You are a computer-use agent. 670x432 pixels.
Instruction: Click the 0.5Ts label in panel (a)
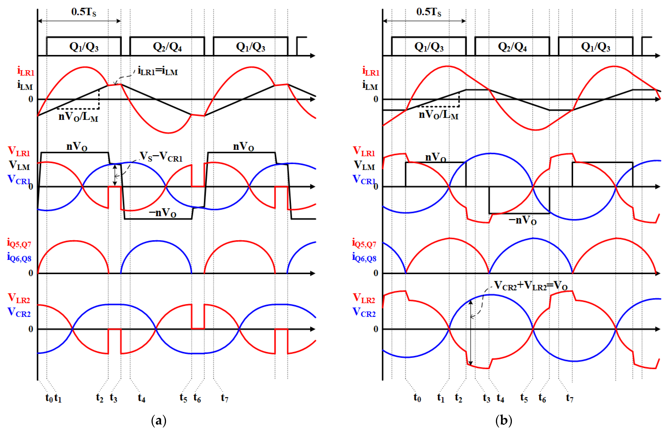click(x=84, y=12)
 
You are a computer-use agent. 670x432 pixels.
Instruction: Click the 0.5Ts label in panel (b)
click(x=429, y=12)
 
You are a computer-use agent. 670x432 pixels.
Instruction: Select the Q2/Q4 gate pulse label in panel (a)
click(x=167, y=47)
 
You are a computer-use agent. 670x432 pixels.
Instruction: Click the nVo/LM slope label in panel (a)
click(x=78, y=116)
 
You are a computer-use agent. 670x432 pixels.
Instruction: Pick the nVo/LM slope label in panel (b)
click(x=438, y=114)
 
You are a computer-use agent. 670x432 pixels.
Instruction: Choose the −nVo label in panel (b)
click(x=523, y=220)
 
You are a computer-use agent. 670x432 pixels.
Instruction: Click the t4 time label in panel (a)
click(x=142, y=398)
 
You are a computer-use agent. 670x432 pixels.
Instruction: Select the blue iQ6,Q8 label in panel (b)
click(x=364, y=257)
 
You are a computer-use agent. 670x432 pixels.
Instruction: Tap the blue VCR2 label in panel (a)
click(x=19, y=312)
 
